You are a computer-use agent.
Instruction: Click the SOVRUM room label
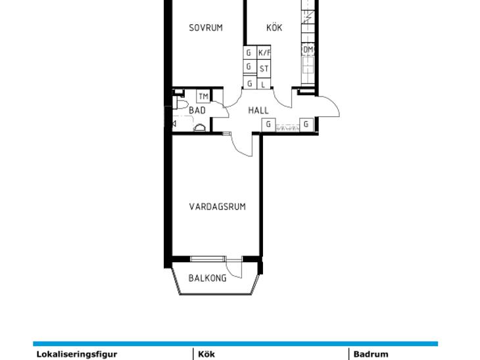point(206,28)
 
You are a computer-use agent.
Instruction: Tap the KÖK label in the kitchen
point(274,28)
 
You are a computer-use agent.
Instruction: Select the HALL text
point(258,110)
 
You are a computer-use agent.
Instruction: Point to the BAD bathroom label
point(197,110)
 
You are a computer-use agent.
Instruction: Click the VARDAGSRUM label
point(218,207)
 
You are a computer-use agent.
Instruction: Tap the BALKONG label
point(207,279)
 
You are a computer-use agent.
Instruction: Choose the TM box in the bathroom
point(203,97)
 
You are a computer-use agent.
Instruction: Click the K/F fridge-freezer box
point(264,53)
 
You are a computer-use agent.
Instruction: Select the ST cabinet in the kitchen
point(264,69)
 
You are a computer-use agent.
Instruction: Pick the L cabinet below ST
point(264,83)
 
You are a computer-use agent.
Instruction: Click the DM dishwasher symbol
point(308,49)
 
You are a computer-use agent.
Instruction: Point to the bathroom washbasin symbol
point(200,128)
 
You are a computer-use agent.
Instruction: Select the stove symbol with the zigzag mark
point(308,18)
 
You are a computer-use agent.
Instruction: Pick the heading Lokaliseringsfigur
point(77,355)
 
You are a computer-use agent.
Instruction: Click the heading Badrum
point(371,355)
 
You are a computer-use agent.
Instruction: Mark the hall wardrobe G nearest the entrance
point(306,125)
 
